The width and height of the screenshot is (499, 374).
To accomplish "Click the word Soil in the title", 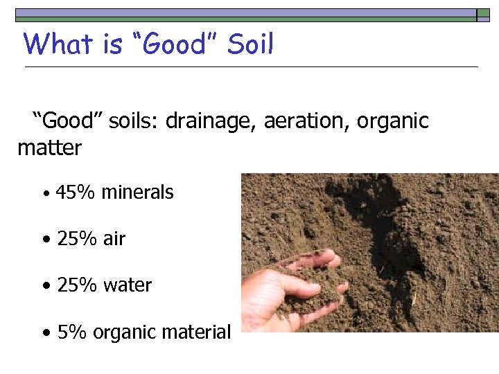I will click(x=251, y=44).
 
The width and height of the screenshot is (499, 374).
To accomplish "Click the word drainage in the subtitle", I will click(x=211, y=122).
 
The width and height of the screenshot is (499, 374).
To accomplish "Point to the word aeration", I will click(x=308, y=122).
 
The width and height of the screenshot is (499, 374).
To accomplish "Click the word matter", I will click(x=50, y=148).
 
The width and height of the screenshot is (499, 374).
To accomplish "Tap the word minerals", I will click(x=137, y=192).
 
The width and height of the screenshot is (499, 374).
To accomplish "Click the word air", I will click(x=114, y=239).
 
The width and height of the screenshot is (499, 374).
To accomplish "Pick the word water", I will click(x=128, y=285).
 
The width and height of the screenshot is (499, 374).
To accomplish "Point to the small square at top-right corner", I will click(x=483, y=15).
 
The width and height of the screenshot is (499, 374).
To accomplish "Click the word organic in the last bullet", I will click(x=126, y=332).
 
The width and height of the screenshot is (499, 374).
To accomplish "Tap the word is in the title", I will click(x=112, y=44).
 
